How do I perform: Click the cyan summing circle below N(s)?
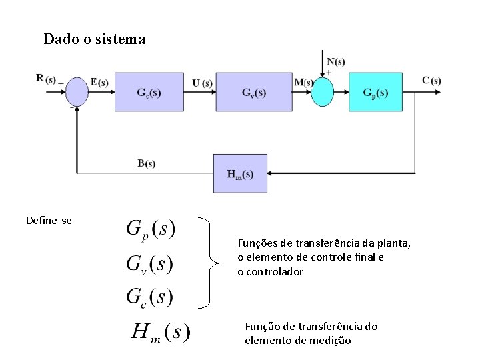[322, 91]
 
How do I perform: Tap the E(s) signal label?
[99, 82]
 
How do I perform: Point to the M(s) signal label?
[303, 83]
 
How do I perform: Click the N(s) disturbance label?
[336, 63]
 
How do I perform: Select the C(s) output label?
[431, 81]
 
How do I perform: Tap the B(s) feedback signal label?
[147, 163]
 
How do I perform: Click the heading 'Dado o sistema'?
[94, 39]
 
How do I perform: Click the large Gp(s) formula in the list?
[151, 229]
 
